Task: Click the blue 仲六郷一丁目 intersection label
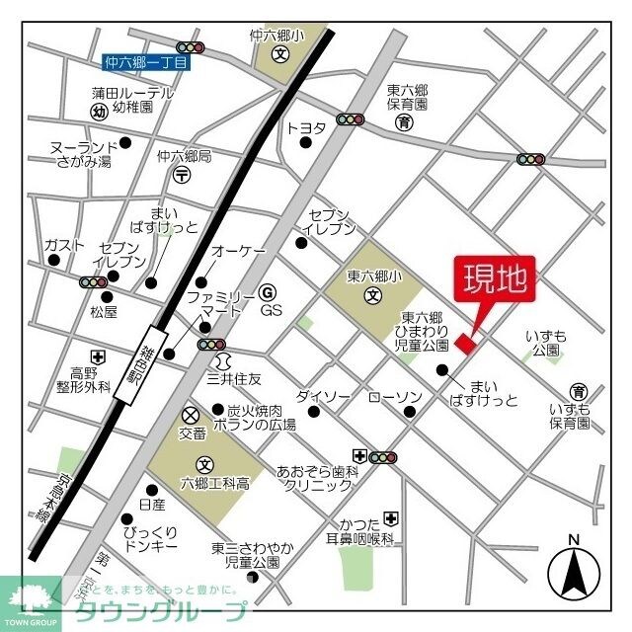[146, 62]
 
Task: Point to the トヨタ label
[305, 127]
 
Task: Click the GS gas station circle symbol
[267, 292]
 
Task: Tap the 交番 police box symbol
[191, 413]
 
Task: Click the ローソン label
[395, 397]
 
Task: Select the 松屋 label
[104, 312]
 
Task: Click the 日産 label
[153, 504]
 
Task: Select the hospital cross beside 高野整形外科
[97, 356]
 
